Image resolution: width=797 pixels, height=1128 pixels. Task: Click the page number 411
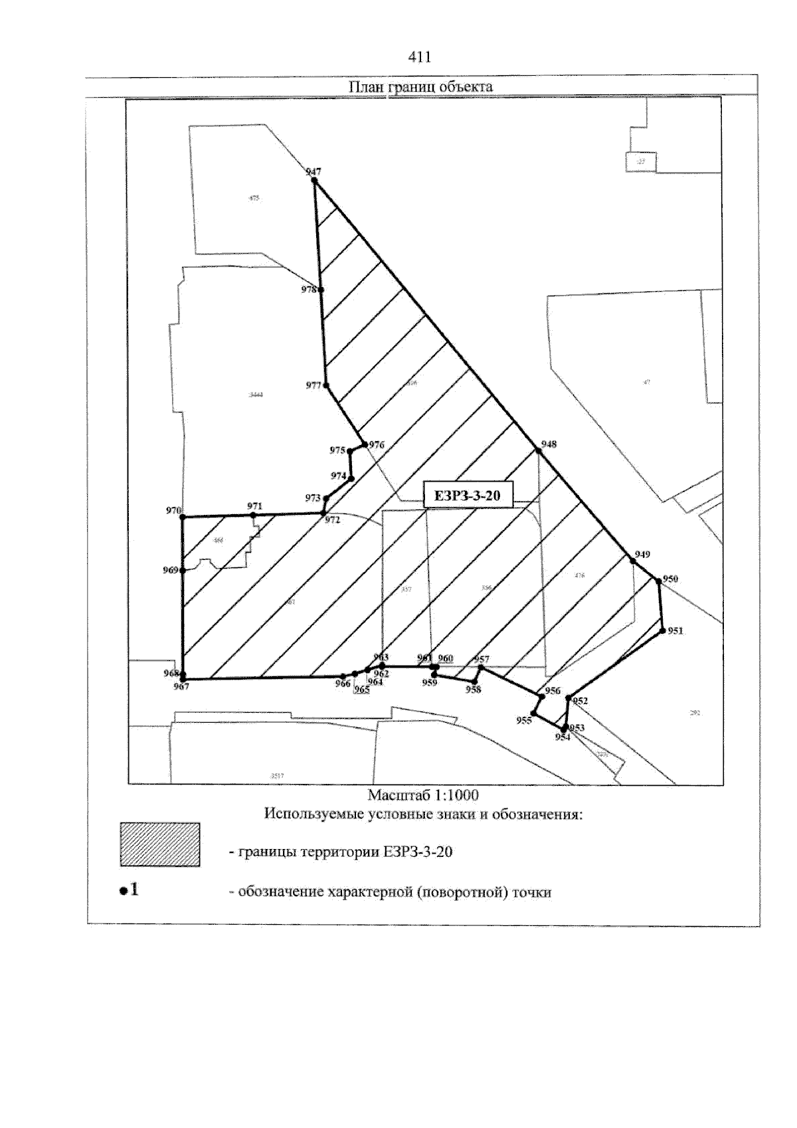point(420,58)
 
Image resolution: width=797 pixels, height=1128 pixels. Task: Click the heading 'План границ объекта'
point(420,87)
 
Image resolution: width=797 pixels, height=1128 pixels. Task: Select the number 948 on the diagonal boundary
point(549,444)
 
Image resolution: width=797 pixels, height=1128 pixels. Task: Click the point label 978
point(308,290)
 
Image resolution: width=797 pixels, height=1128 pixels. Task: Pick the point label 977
point(313,386)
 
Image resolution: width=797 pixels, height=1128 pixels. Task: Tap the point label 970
point(173,511)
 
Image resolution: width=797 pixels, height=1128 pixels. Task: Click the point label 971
point(254,506)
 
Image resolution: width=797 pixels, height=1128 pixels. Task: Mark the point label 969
point(170,570)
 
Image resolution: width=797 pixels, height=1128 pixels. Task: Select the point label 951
point(675,631)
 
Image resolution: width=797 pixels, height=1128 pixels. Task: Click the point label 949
point(642,554)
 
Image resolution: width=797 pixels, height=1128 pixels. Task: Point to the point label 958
point(473,690)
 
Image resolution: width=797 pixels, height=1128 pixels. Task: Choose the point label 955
point(524,721)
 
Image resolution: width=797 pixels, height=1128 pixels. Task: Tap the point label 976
point(377,445)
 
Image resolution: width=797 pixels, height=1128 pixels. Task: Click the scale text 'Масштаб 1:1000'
point(423,795)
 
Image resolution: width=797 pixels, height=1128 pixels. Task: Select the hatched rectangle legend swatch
point(159,844)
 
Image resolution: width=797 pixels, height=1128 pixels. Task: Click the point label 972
point(332,520)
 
